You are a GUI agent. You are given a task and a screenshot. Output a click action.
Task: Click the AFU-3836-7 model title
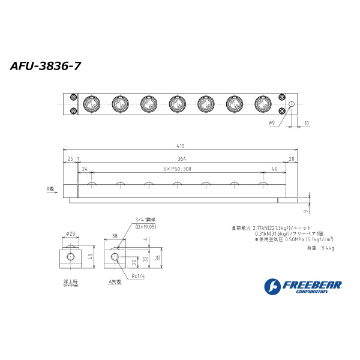pos(46,66)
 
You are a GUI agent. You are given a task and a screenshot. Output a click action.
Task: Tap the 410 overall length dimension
pos(181,146)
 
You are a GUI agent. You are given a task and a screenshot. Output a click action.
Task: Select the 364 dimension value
pos(181,158)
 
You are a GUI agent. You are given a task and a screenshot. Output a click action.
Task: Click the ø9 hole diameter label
pos(271,122)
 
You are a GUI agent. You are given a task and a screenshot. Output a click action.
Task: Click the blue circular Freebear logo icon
pos(272,286)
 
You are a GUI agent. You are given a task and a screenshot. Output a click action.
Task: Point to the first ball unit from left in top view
pos(91,104)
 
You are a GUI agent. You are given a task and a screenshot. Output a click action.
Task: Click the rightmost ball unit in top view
pos(263,104)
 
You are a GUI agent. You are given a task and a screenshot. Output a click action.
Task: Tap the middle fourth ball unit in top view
pos(177,104)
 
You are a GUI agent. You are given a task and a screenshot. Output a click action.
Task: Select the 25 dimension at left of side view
pos(70,158)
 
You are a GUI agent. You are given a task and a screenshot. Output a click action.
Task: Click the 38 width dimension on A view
pos(115,236)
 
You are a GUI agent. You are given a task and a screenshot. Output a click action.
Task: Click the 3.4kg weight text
pos(328,247)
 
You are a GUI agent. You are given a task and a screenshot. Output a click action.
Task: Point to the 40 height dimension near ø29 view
pos(90,257)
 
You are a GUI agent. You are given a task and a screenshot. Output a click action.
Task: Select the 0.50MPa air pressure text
pos(296,239)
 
